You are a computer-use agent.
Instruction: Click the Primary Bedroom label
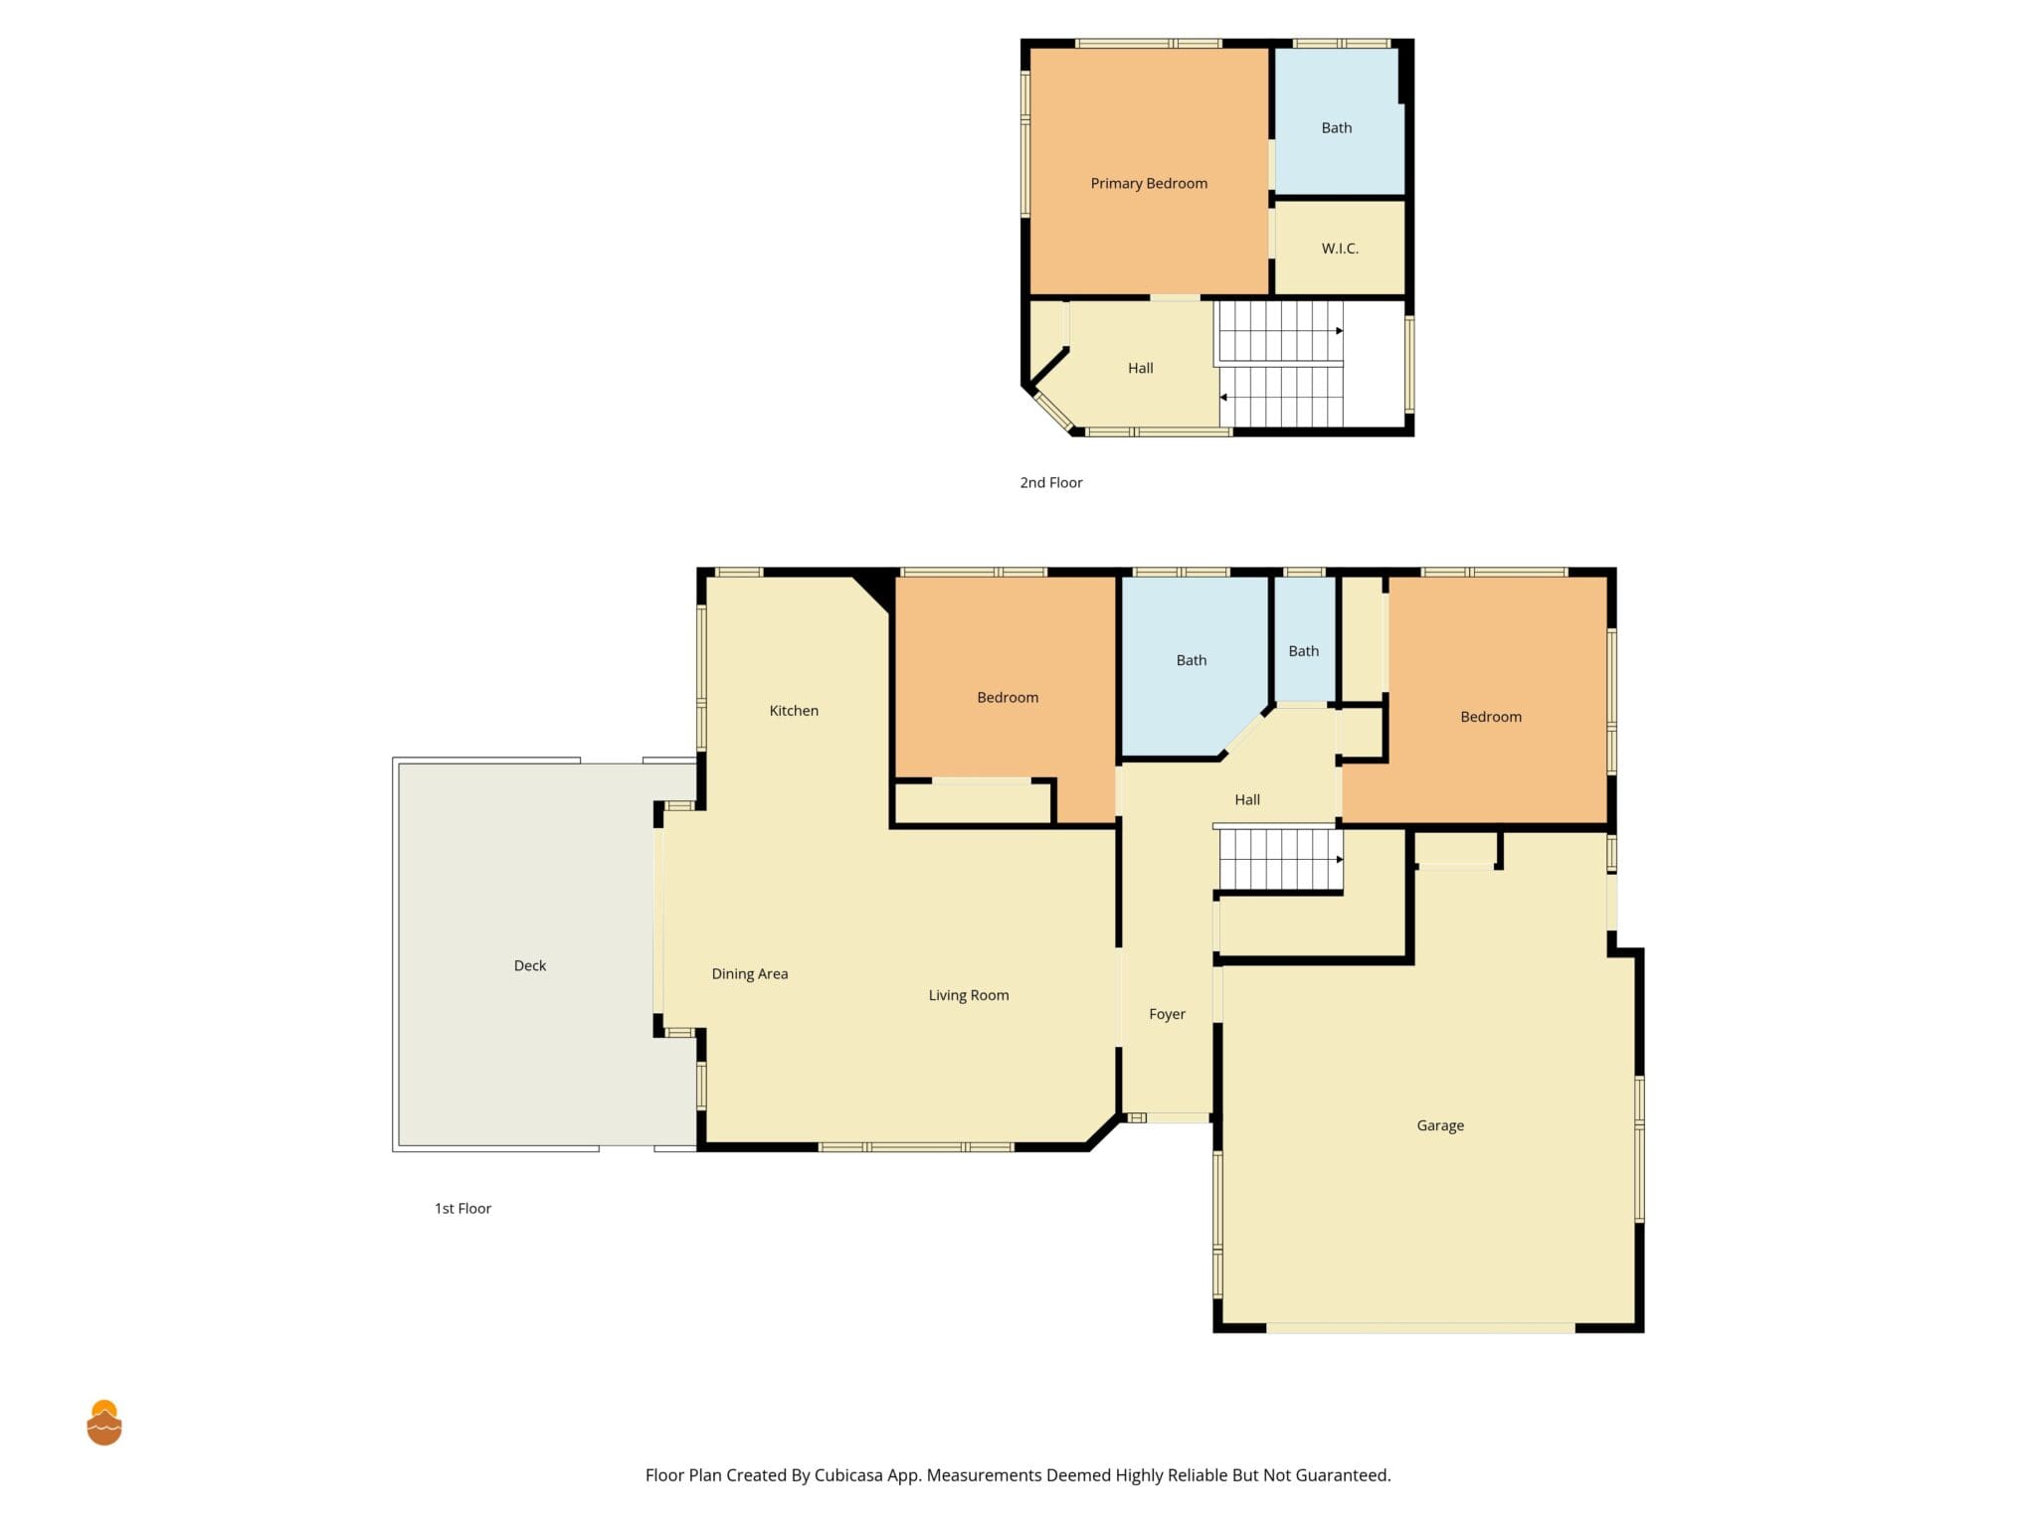(1149, 184)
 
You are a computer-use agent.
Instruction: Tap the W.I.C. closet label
(1340, 249)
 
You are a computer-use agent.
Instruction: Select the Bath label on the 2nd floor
(1337, 128)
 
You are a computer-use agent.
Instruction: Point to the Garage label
(1440, 1125)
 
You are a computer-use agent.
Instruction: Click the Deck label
(530, 965)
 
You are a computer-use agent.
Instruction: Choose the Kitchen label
(794, 711)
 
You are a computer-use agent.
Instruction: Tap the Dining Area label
(750, 974)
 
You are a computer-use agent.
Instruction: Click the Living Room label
(969, 995)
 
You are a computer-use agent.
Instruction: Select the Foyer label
(1167, 1015)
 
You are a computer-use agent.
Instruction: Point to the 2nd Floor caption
(1051, 483)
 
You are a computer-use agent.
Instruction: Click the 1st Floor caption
(463, 1209)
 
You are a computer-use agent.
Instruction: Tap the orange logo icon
(104, 1423)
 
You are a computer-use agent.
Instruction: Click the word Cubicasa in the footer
(848, 1475)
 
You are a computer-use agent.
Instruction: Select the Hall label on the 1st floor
(1247, 800)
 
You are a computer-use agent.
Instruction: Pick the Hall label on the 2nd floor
(1141, 369)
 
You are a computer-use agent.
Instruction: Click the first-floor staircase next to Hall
(1281, 860)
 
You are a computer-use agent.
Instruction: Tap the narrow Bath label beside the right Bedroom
(1304, 651)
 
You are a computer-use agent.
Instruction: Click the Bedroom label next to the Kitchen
(1008, 698)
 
